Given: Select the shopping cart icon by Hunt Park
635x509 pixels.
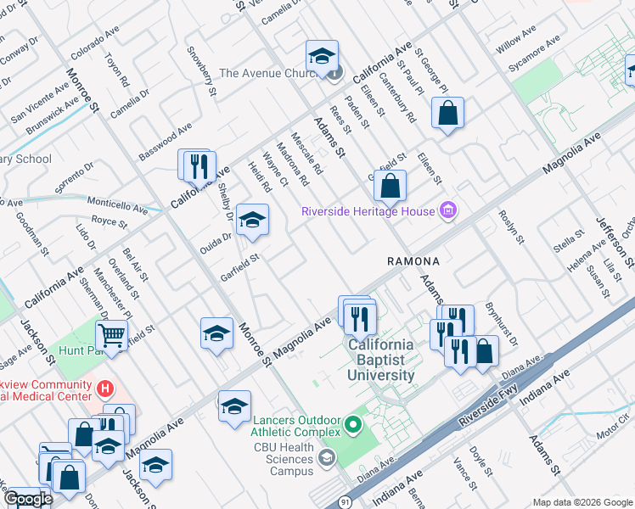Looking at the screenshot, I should click(111, 335).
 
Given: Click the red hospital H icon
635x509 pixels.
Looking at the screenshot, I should click(105, 389).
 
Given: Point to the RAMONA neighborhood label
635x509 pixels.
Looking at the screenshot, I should click(413, 261).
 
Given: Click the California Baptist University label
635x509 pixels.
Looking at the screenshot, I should click(379, 360).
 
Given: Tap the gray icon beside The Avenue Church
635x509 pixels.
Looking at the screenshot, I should click(334, 73).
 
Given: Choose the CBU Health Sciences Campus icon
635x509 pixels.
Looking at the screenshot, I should click(325, 459).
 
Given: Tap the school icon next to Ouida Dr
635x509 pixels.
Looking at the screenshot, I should click(251, 221).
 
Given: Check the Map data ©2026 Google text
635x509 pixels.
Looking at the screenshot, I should click(582, 502).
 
